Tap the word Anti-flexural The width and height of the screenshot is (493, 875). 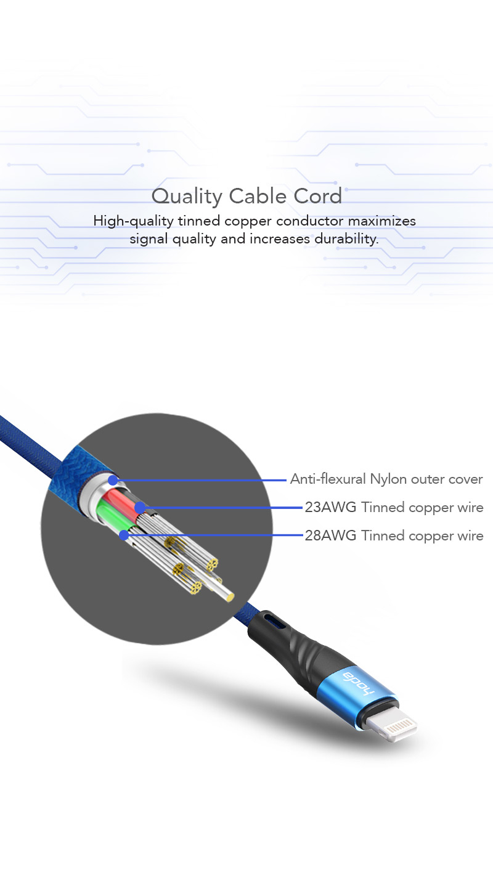[328, 479]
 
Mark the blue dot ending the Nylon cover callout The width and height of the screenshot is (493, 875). [113, 479]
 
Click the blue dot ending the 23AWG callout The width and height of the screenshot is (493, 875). [140, 508]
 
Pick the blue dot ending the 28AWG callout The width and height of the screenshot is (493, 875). [124, 535]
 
